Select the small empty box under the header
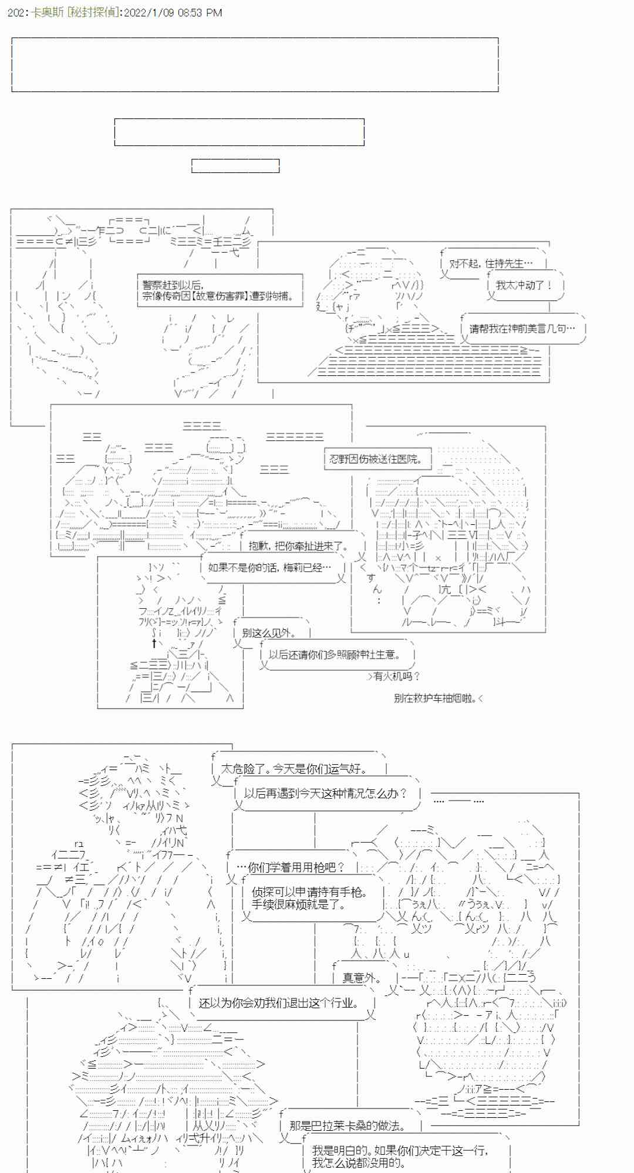tap(235, 166)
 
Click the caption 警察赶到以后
tap(172, 285)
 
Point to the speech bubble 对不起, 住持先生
tap(491, 264)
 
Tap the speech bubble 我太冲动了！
tap(524, 286)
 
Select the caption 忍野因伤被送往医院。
tap(376, 459)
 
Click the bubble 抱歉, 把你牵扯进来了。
tap(298, 546)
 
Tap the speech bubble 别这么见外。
tap(269, 633)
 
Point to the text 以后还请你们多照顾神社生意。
tap(334, 655)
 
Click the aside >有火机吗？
tap(394, 676)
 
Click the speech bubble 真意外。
tap(361, 978)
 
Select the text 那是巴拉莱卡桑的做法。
tap(347, 1125)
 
